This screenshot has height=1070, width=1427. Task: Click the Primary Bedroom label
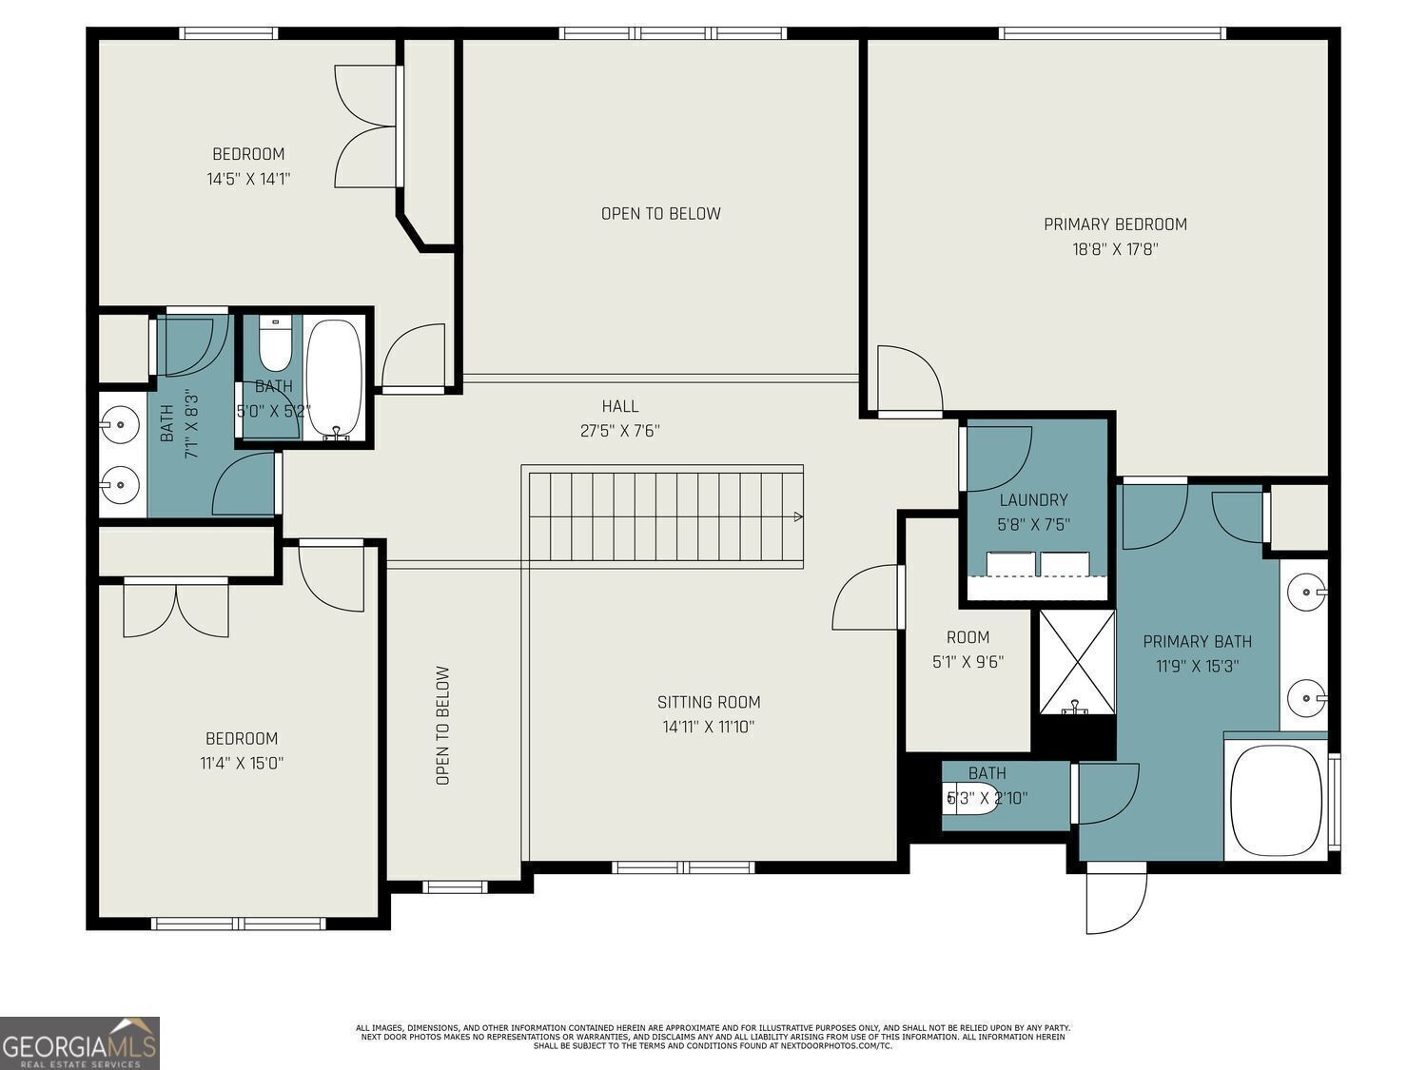point(1115,224)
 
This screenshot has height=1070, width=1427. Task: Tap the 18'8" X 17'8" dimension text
point(1115,249)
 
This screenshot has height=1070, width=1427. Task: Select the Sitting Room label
point(709,702)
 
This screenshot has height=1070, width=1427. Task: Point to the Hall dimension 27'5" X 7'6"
point(620,431)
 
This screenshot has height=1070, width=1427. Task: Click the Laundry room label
point(1034,499)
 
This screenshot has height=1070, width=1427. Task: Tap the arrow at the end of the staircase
point(798,517)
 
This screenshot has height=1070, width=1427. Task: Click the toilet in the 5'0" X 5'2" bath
point(274,345)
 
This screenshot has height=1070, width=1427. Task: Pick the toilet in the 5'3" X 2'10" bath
point(970,797)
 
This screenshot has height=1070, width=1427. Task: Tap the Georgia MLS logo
point(79,1042)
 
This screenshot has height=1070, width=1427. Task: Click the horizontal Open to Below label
point(660,214)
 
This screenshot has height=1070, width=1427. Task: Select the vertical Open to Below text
point(442,725)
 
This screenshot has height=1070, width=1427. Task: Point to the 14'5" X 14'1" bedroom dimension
point(248,179)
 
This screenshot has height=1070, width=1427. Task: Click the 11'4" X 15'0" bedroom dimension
point(242,763)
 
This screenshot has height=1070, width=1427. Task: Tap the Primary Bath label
point(1197,642)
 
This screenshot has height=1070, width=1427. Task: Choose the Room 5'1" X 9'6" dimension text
point(968,662)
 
